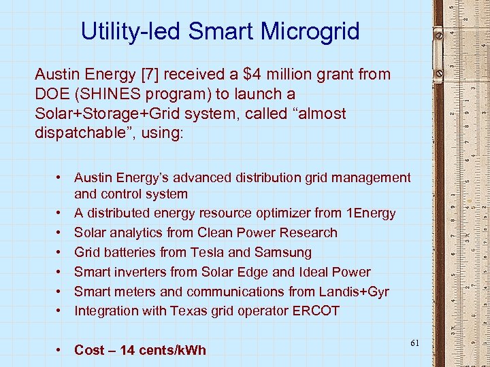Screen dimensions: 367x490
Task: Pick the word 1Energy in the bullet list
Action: [370, 213]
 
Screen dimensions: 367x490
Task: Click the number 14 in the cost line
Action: [127, 351]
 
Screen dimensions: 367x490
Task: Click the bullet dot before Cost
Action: [61, 351]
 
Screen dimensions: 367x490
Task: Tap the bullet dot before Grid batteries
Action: [61, 253]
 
